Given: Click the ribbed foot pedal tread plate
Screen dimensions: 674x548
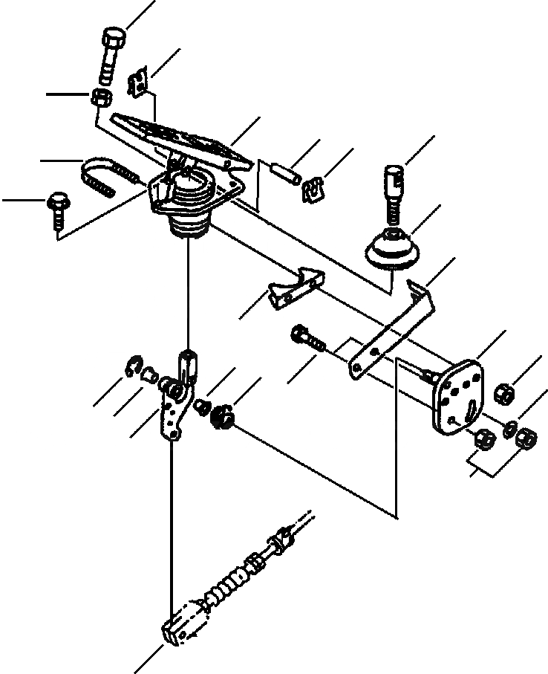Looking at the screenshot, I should [x=178, y=137].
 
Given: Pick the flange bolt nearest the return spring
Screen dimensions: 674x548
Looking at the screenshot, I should [x=58, y=204].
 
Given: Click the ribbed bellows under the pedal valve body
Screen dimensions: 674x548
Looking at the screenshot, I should [x=189, y=223].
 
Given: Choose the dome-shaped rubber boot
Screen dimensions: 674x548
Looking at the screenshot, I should [x=392, y=251].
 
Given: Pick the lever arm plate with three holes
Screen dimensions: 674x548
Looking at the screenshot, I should [x=172, y=416].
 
